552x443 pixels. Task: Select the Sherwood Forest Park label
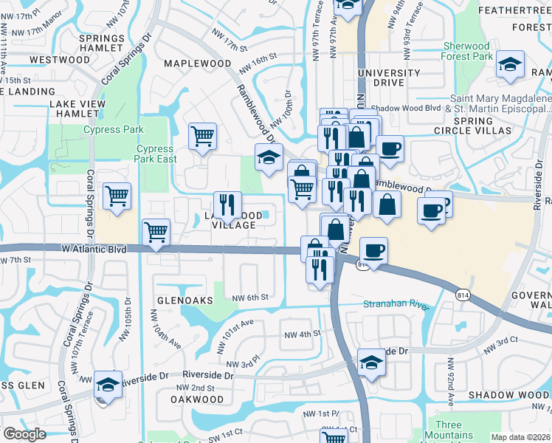coord(467,51)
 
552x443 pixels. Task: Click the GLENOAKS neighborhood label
coord(184,301)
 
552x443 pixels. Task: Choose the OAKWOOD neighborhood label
coord(197,399)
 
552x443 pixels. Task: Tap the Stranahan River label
coord(396,304)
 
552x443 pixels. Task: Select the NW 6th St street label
coord(248,298)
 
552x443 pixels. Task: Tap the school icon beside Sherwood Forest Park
coord(510,65)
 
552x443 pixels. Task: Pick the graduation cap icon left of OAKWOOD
coord(108,385)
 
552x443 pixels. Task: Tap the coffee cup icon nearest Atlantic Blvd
coord(374,251)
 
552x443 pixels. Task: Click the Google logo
coord(24,434)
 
